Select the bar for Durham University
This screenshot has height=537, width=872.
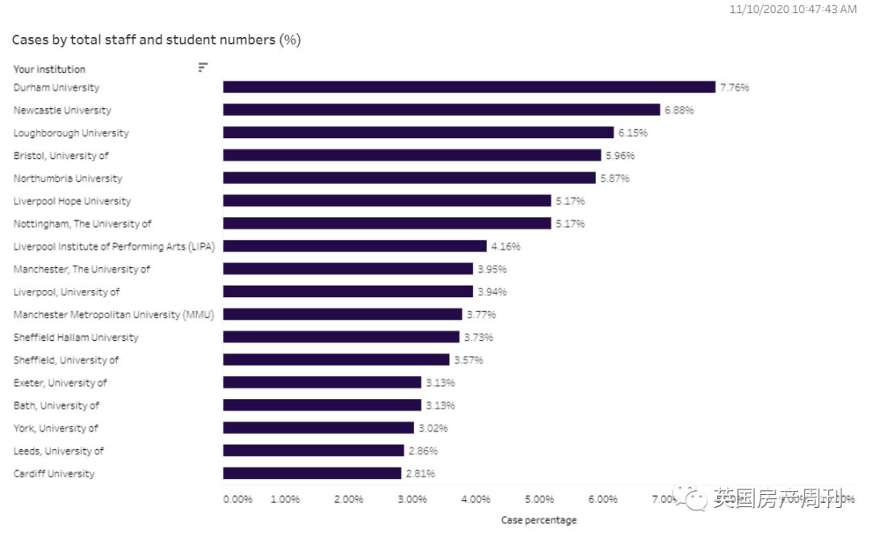468,87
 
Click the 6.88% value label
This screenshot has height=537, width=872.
678,110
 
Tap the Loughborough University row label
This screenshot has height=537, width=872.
71,133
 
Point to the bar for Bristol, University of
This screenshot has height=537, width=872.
412,155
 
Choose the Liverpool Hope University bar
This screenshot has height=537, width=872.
387,201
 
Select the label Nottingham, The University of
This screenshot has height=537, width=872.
82,224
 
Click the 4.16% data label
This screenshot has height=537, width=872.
505,246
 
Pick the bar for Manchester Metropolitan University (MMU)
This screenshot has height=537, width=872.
342,314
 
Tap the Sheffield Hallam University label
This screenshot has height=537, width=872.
76,338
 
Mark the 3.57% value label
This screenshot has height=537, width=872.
468,360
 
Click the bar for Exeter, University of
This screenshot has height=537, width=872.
322,383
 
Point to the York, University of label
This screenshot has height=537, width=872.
56,428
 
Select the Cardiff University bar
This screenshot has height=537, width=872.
312,473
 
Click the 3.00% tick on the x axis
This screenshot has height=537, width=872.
412,499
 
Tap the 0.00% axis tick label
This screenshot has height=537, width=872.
237,499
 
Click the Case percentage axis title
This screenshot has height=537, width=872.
539,520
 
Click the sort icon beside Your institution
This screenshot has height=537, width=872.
203,68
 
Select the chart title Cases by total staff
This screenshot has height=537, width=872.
156,40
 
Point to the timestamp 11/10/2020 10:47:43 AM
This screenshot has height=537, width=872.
792,9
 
